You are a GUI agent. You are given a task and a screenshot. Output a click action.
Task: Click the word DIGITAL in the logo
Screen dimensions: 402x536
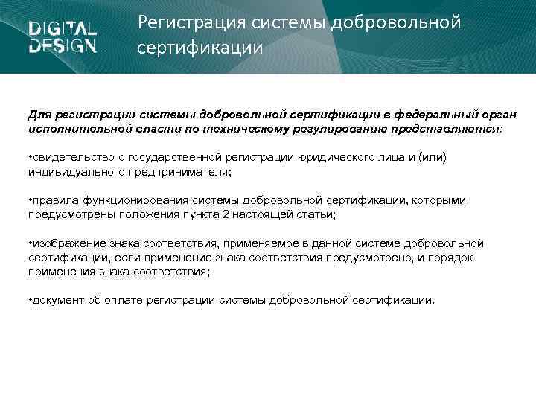(63, 29)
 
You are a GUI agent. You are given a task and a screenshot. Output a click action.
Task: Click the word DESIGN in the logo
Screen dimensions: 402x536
(63, 45)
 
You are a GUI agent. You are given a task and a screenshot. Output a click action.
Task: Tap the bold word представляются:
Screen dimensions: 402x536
(452, 128)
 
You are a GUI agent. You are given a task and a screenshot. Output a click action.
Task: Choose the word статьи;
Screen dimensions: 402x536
(317, 214)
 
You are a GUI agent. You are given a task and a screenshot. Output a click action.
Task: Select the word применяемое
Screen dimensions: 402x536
(267, 243)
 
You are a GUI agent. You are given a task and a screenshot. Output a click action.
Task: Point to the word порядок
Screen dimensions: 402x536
(453, 257)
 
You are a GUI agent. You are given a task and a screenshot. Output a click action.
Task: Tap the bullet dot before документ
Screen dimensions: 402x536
(30, 300)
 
